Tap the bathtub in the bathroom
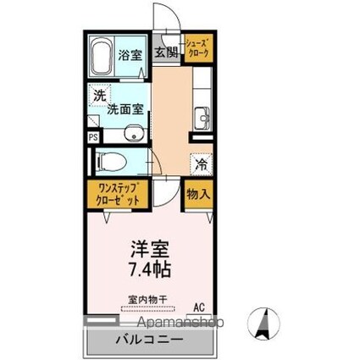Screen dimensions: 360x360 tap(102, 56)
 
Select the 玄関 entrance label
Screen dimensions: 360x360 tap(166, 52)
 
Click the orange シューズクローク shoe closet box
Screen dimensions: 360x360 tap(198, 48)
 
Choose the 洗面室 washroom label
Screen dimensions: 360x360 tap(122, 108)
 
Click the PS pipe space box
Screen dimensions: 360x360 tap(92, 134)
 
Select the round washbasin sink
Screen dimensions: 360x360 tap(133, 132)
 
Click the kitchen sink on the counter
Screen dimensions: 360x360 tap(202, 117)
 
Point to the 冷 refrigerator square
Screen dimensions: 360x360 tap(201, 163)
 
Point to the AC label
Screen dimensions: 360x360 tap(200, 307)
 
